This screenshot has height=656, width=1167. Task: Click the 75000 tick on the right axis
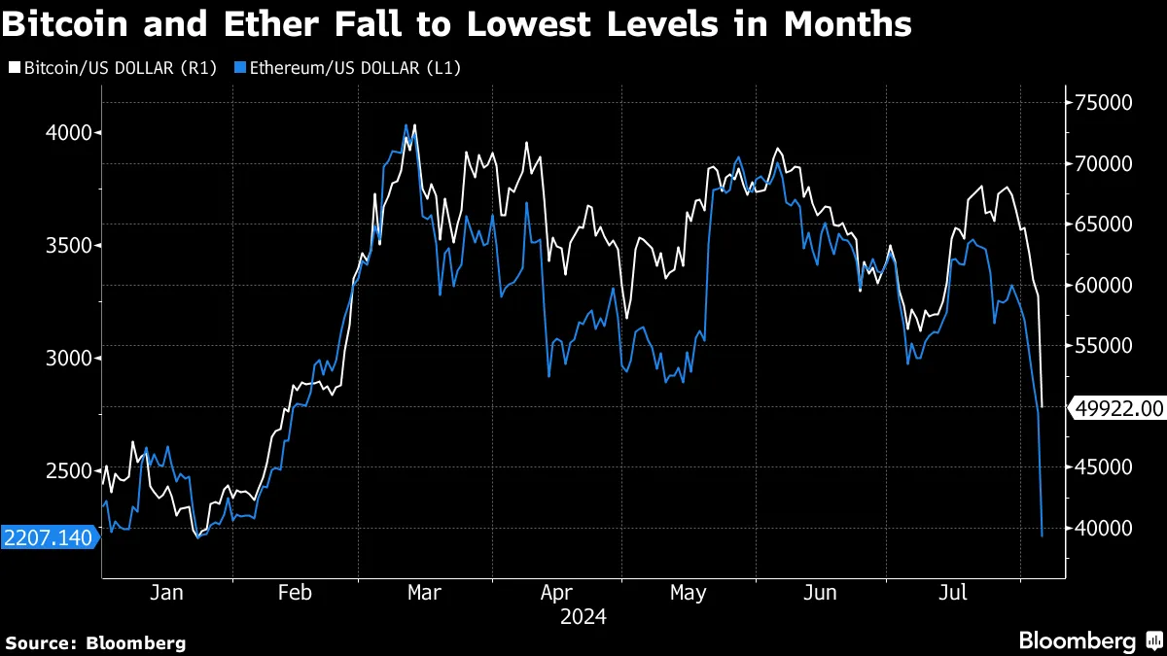[x=1104, y=103]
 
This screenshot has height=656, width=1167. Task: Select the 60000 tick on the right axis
[x=1104, y=285]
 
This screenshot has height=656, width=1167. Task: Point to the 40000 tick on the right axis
[x=1104, y=528]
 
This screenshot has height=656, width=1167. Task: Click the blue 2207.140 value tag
[x=49, y=537]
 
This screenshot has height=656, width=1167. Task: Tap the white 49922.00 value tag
[x=1117, y=408]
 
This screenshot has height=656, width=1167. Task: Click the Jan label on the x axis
[x=167, y=593]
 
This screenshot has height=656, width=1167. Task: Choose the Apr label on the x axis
[x=555, y=593]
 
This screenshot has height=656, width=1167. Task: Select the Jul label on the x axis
[x=952, y=593]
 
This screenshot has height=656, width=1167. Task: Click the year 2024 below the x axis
[x=583, y=616]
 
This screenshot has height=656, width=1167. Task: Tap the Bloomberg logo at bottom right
[x=1088, y=641]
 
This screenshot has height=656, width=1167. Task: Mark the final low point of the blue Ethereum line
[x=1043, y=535]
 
